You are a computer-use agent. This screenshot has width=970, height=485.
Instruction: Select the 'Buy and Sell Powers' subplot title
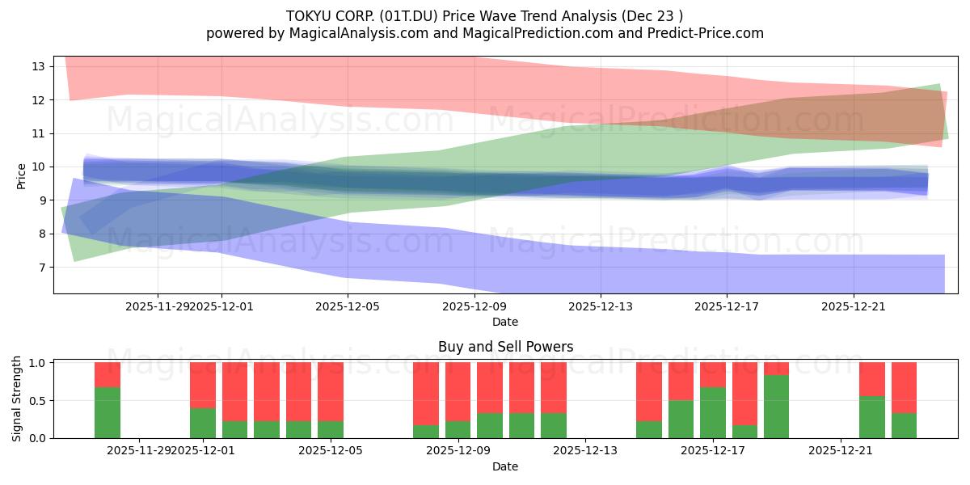point(505,347)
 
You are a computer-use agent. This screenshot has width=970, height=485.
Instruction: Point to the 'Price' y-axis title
point(22,175)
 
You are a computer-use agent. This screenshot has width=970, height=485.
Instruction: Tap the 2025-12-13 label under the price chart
point(600,306)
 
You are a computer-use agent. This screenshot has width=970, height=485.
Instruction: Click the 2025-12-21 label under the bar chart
point(841,451)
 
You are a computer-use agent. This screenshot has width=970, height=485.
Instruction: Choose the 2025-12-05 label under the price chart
point(348,306)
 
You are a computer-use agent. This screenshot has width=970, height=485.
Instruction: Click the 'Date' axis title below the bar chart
point(505,466)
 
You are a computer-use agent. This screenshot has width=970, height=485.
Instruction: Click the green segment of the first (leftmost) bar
point(108,413)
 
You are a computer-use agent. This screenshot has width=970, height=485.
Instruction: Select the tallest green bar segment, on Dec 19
point(776,407)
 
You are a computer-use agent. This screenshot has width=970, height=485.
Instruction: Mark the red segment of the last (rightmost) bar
point(904,387)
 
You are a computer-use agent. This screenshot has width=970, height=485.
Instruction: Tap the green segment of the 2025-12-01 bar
point(203,423)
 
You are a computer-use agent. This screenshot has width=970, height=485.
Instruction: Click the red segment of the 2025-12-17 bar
point(713,374)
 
